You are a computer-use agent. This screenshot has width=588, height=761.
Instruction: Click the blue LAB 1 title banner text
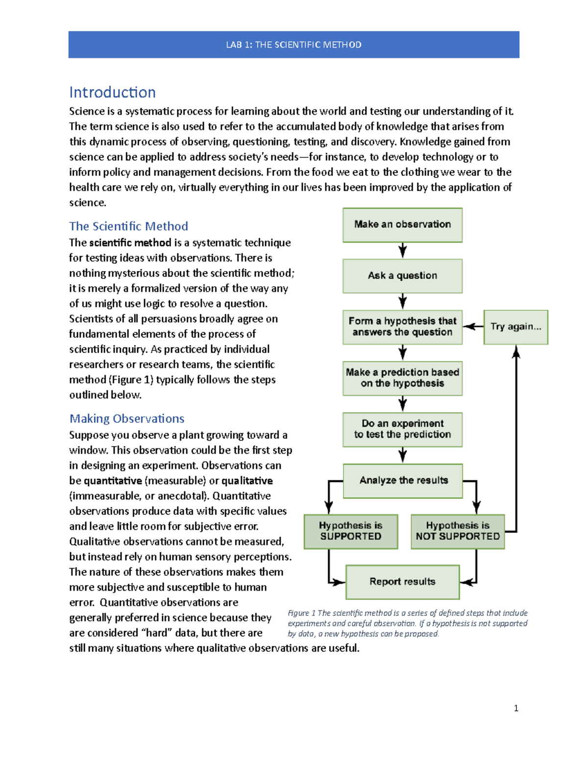(294, 45)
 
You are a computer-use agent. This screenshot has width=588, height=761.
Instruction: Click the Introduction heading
(112, 92)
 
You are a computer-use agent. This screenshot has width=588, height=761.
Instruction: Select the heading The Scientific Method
(128, 226)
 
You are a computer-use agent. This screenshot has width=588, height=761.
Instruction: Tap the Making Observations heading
(127, 418)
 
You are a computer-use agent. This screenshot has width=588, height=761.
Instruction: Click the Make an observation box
(402, 225)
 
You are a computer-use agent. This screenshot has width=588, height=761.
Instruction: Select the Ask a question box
(402, 276)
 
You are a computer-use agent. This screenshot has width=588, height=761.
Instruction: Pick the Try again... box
(515, 327)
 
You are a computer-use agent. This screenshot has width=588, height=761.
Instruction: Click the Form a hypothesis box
(402, 327)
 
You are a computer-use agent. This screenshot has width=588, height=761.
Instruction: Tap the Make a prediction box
(402, 378)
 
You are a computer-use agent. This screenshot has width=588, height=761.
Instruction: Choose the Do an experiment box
(402, 429)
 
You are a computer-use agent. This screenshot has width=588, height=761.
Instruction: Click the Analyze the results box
(403, 481)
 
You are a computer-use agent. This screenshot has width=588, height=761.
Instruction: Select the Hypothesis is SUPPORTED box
(350, 531)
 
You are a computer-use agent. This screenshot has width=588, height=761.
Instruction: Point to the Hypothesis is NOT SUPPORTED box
(458, 531)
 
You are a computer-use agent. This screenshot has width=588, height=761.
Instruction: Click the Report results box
(402, 582)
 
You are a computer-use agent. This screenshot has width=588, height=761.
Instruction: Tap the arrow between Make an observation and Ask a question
(402, 250)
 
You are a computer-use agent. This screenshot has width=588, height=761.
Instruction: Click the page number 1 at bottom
(516, 708)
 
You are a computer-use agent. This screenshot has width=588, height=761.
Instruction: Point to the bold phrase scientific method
(130, 243)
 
